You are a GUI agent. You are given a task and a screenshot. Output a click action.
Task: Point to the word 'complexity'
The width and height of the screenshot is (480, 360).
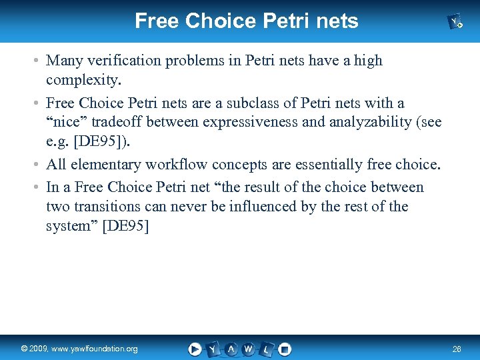point(82,81)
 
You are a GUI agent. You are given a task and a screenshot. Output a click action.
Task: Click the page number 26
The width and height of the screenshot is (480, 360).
point(456,349)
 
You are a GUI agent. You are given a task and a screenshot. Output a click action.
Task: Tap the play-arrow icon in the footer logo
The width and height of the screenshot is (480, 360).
point(195,349)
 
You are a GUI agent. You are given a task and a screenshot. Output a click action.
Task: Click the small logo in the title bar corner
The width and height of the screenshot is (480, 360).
point(456,22)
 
